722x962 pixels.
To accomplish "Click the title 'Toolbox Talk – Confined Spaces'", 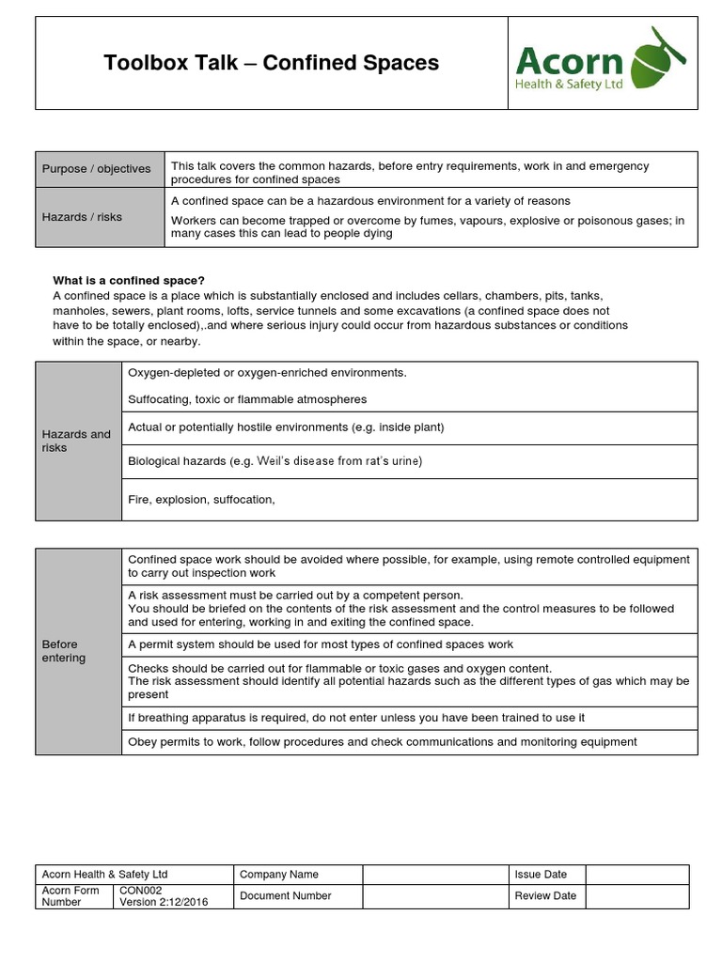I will (271, 63).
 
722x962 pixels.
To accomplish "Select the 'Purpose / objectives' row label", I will (97, 169).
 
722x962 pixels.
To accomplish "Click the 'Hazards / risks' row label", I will (83, 217).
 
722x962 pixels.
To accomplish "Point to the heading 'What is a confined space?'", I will (129, 280).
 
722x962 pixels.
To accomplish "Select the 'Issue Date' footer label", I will (541, 875).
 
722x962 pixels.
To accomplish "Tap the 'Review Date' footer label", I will (545, 896).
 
